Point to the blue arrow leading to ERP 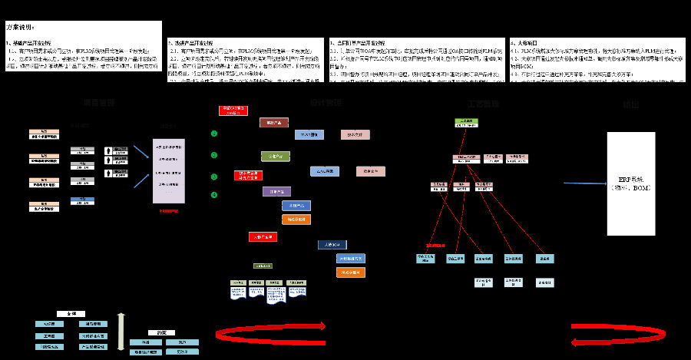pos(584,183)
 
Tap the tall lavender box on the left pos(168,171)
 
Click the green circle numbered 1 pos(214,134)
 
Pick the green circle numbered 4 pos(214,194)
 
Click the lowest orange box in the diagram pos(350,272)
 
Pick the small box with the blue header pos(82,201)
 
